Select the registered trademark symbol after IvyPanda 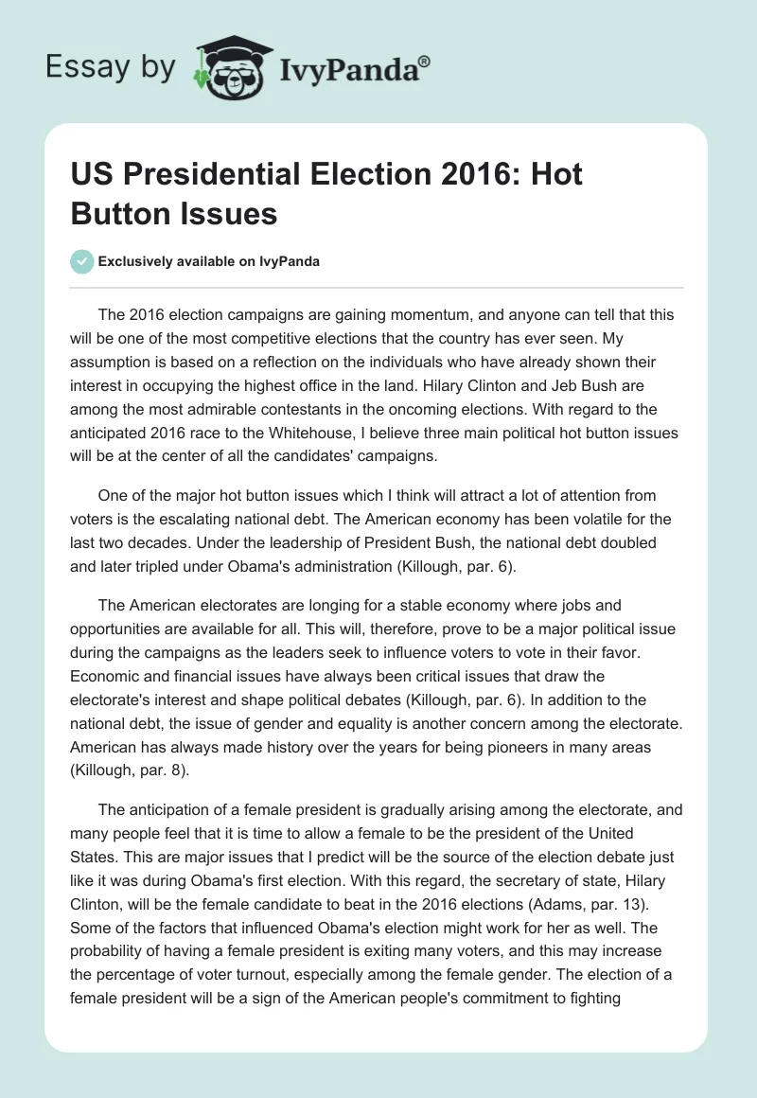pyautogui.click(x=426, y=61)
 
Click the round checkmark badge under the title pyautogui.click(x=82, y=261)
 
